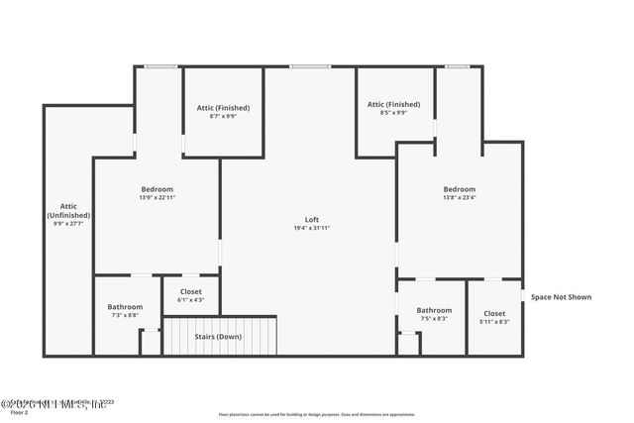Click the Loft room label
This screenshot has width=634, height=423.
pos(311,219)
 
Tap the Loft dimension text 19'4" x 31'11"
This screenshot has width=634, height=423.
pos(311,228)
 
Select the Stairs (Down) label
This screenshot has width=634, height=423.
pos(218,337)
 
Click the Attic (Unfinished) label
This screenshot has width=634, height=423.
pos(68,210)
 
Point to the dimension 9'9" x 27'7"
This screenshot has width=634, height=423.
pos(68,224)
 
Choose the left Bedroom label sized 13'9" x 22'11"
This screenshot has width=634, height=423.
pos(157,189)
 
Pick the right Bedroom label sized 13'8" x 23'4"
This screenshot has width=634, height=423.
pos(459,189)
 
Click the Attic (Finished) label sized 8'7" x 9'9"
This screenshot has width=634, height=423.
pos(224,107)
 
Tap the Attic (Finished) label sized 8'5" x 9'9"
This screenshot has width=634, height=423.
pos(393,104)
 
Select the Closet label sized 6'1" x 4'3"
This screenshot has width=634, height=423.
pos(190,291)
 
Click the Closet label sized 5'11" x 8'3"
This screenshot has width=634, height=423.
pos(494,312)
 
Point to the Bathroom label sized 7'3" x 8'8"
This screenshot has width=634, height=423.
pos(125,307)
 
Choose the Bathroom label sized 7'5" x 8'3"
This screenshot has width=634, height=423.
pos(434,310)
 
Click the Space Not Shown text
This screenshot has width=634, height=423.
pos(562,296)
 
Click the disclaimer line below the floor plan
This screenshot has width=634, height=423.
pos(317,413)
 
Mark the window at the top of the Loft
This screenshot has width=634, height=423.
pos(310,66)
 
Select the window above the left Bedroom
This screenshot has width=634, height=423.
pos(160,66)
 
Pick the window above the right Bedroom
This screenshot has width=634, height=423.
pos(457,66)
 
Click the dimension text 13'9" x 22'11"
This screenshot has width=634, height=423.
pos(157,198)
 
